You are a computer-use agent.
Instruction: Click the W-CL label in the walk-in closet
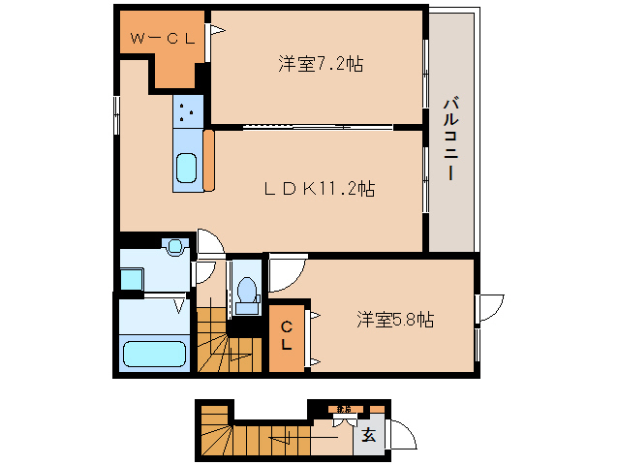pyautogui.click(x=164, y=40)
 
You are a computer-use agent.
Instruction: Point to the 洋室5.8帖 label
pyautogui.click(x=394, y=318)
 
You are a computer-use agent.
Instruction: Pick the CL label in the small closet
pyautogui.click(x=288, y=336)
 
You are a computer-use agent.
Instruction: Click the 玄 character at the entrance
pyautogui.click(x=370, y=434)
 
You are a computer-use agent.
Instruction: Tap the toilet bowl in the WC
pyautogui.click(x=246, y=290)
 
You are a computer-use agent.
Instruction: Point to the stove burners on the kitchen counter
pyautogui.click(x=187, y=114)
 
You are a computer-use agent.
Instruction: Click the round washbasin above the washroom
pyautogui.click(x=174, y=248)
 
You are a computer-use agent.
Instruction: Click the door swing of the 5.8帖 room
pyautogui.click(x=286, y=274)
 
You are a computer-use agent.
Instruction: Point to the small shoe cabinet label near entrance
pyautogui.click(x=343, y=409)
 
